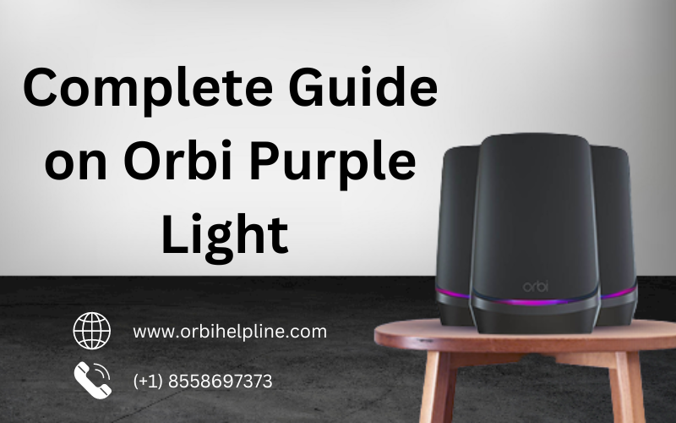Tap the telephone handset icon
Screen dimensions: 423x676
91,381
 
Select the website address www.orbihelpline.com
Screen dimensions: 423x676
230,332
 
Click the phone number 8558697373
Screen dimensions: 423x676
224,382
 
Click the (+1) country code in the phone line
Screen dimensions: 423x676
149,382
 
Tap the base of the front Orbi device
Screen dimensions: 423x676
534,318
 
